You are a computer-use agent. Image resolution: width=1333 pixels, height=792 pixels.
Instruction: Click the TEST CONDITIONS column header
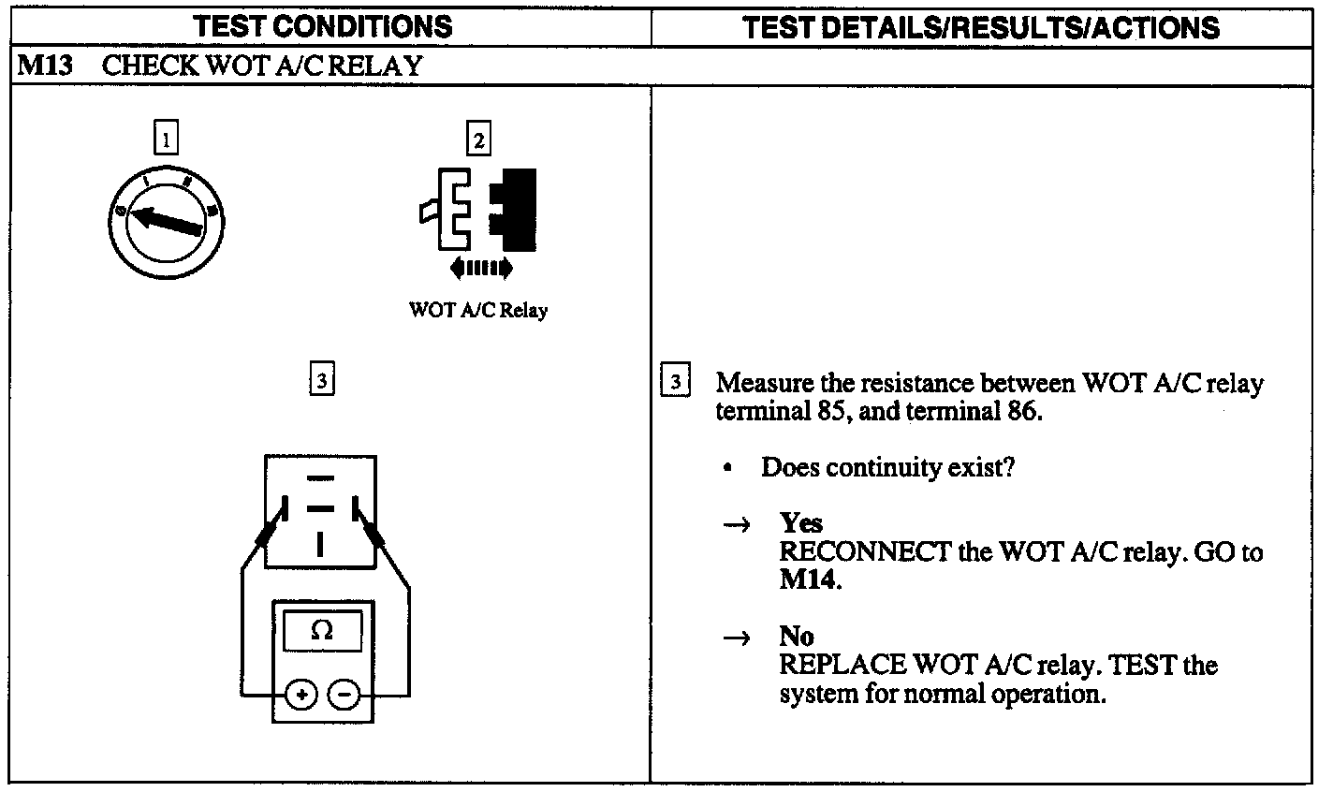point(323,26)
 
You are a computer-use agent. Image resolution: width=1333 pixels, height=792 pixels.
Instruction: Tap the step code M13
point(39,66)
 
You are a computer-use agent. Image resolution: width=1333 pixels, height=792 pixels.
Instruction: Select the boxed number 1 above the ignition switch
point(166,140)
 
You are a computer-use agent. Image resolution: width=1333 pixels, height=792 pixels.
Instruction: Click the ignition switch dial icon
point(168,222)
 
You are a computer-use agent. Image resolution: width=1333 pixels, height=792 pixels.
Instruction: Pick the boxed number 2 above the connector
point(478,140)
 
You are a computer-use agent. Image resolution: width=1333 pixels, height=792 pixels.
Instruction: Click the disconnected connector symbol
point(479,212)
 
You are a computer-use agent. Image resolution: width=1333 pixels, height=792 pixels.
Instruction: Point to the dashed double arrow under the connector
point(481,269)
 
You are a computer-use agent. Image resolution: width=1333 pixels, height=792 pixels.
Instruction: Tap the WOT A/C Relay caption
point(478,311)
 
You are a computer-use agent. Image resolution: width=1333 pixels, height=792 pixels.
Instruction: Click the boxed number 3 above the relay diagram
point(321,380)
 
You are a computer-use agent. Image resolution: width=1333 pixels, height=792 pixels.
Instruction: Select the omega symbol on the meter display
point(321,632)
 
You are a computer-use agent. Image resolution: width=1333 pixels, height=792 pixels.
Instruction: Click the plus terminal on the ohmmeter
point(301,695)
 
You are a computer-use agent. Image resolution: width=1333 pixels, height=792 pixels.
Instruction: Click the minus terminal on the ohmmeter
point(344,695)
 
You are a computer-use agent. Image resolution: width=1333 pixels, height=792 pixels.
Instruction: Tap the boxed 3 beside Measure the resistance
point(676,383)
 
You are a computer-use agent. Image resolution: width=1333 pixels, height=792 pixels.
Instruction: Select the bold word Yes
point(800,523)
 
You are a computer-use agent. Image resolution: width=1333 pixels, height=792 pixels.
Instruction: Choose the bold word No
point(796,637)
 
